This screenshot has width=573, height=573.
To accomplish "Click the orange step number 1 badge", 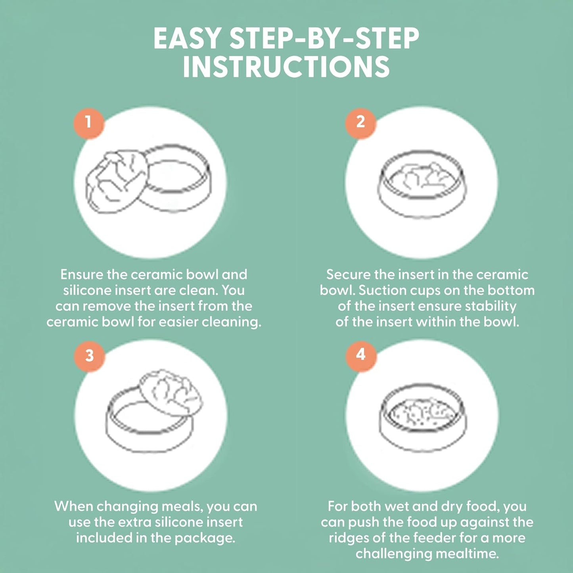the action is click(88, 123).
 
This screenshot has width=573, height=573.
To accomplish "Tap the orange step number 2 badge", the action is click(360, 123).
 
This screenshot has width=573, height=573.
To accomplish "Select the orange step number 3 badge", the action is click(89, 355).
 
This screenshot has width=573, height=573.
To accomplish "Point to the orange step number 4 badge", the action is click(361, 355).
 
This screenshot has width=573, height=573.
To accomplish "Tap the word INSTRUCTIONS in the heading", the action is click(286, 67).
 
